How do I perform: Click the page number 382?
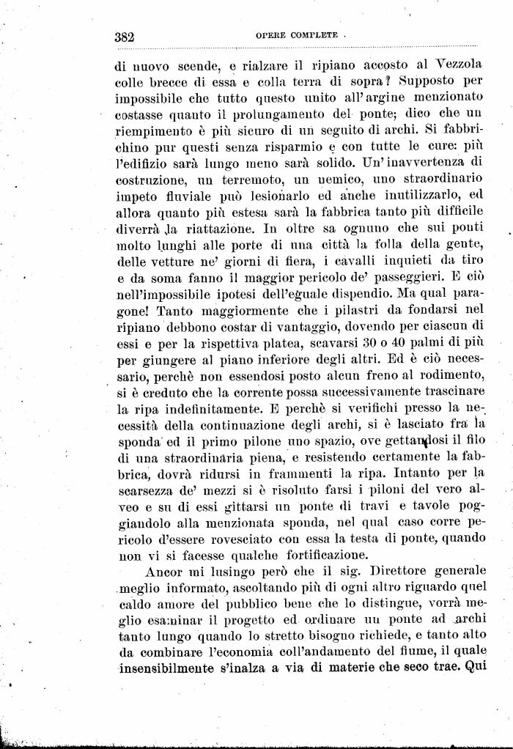click(x=128, y=36)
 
